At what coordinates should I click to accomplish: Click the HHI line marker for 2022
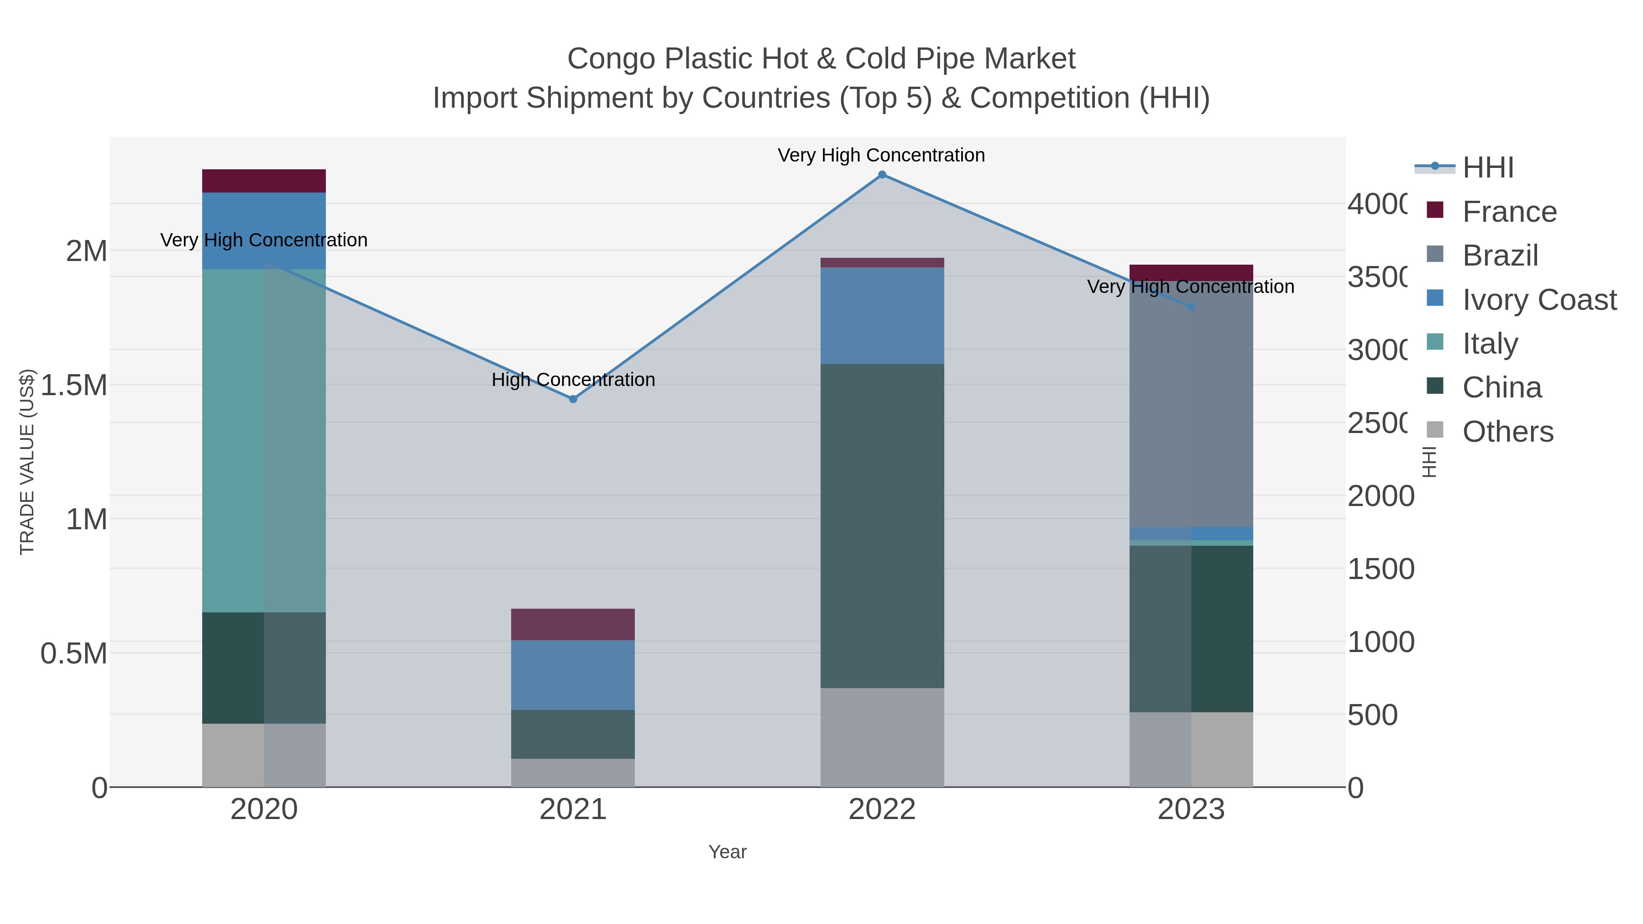(882, 175)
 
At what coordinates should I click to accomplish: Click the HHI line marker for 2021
(573, 399)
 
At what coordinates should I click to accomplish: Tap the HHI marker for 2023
(1191, 308)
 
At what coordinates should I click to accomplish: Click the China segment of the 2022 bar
(882, 526)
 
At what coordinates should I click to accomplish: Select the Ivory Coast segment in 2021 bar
(573, 675)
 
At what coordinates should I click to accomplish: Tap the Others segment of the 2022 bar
(882, 737)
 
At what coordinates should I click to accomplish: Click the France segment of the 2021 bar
(573, 624)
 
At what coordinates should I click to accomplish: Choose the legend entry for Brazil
(1500, 256)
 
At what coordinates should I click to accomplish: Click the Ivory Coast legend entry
(1539, 300)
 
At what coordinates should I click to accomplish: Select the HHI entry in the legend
(1487, 168)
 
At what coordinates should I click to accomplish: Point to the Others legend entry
(1507, 432)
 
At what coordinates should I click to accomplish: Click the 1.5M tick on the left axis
(74, 385)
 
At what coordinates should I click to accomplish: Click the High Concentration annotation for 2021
(573, 380)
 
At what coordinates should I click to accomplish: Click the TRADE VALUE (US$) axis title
(27, 462)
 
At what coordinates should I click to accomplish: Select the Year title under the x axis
(727, 852)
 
